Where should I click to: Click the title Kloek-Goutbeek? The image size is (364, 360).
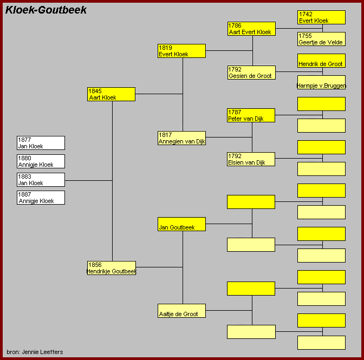pos(46,10)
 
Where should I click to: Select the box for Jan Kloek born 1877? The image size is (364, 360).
pos(41,143)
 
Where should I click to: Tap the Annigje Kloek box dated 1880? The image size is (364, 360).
pos(41,161)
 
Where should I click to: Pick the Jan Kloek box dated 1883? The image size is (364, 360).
pos(41,180)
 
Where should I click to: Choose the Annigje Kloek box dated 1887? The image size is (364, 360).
pos(41,198)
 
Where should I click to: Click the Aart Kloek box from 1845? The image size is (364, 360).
pos(111,94)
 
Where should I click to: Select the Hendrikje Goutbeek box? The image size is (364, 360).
pos(111,268)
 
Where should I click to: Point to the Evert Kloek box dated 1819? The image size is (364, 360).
pos(181,51)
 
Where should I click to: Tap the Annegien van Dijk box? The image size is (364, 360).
pos(181,138)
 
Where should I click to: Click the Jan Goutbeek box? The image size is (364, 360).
pos(181,224)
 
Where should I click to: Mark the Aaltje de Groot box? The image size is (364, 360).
pos(181,311)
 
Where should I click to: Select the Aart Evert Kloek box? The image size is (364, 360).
pos(251,29)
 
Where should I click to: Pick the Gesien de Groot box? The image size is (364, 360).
pos(251,73)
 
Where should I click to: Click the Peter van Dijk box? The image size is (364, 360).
pos(251,115)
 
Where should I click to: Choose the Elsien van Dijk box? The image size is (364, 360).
pos(251,159)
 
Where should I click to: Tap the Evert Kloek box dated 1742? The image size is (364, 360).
pos(321,17)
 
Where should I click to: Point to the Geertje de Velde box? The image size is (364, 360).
pos(321,39)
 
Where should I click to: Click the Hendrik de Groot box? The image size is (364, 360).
pos(321,61)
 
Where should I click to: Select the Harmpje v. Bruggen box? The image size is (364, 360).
pos(321,82)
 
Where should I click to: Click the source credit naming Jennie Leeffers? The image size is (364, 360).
pos(35,352)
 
